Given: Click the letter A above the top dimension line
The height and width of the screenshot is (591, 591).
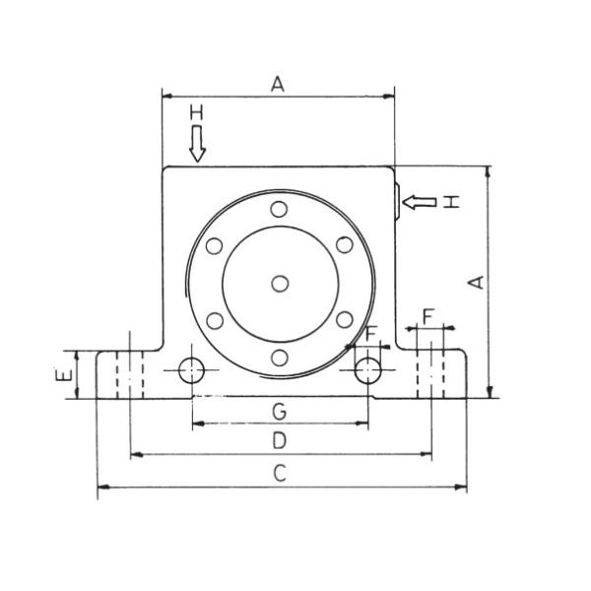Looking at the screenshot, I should pos(278,85).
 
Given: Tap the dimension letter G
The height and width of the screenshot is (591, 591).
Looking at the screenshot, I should pos(279,409).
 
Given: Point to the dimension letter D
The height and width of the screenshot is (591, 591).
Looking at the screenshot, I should pos(279,439).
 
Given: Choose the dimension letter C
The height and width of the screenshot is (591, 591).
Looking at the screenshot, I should pos(279,474).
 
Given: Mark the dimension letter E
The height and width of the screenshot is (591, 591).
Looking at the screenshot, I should pos(61,374).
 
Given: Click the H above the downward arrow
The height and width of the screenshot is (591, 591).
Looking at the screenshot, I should pos(196,115).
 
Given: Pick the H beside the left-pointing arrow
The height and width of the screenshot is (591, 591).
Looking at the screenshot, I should pos(450,202).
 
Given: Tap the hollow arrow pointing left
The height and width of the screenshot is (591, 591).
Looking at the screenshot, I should pos(419,202).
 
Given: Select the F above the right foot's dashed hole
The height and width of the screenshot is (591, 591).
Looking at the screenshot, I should pos(427,315).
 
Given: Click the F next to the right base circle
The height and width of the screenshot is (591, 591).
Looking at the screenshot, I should pos(369,334).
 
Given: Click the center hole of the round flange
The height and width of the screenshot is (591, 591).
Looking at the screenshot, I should pos(281,284).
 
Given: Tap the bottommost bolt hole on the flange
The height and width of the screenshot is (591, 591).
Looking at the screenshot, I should pos(281,358).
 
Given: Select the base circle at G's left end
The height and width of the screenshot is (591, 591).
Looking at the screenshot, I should pos(192,371).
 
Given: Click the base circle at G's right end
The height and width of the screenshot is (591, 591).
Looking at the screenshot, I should pos(368,371).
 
